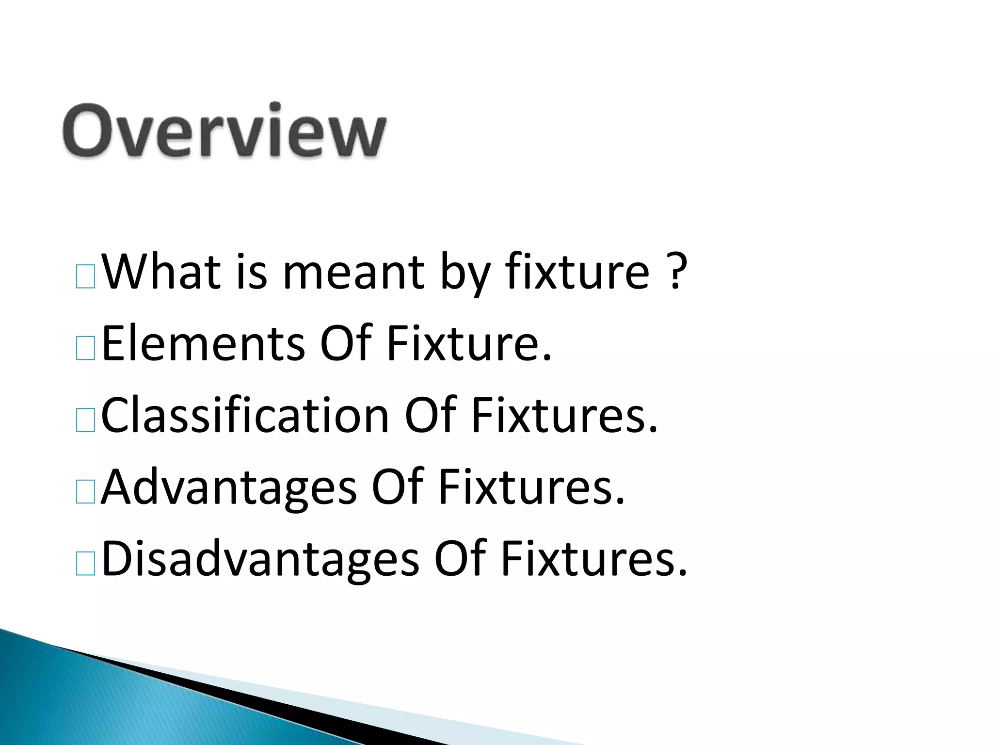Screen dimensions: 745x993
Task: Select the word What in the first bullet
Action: coord(160,271)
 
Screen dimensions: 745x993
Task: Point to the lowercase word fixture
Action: coord(577,271)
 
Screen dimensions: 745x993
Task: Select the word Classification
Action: coord(245,415)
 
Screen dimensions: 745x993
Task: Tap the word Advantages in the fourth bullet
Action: coord(228,487)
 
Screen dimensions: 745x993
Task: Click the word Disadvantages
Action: coord(260,559)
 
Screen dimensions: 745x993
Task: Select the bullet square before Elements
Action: coord(86,350)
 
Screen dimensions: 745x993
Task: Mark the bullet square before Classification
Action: coord(86,421)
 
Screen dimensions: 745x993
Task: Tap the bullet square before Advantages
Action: coord(86,494)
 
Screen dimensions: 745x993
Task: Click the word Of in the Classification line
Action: coord(430,415)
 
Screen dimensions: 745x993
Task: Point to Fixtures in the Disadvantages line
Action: coord(593,559)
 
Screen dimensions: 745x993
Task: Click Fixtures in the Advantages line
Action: coord(531,487)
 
